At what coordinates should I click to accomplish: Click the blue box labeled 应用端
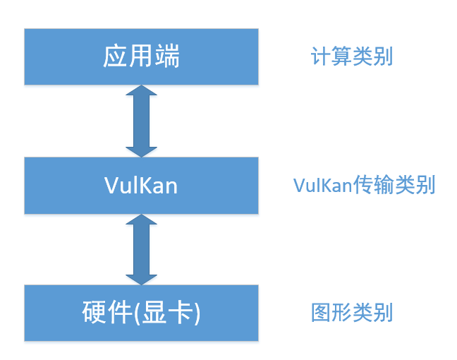point(141,56)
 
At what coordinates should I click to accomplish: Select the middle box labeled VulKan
point(141,186)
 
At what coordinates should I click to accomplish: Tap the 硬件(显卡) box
point(141,313)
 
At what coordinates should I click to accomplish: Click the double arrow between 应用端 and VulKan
point(141,121)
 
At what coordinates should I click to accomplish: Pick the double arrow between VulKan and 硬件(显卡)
point(141,249)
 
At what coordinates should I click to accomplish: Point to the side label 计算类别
point(352,56)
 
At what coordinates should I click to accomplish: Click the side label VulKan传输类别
point(365,186)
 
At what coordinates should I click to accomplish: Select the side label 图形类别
point(352,313)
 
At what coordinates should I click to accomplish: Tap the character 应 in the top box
point(115,56)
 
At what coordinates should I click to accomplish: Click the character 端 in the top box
point(167,56)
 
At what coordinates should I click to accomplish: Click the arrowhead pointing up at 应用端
point(141,94)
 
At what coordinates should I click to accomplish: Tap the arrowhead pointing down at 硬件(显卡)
point(141,276)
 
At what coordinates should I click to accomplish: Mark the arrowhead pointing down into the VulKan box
point(141,148)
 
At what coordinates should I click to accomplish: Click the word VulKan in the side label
point(323,186)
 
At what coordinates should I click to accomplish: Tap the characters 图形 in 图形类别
point(331,313)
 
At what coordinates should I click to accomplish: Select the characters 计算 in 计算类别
point(331,56)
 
